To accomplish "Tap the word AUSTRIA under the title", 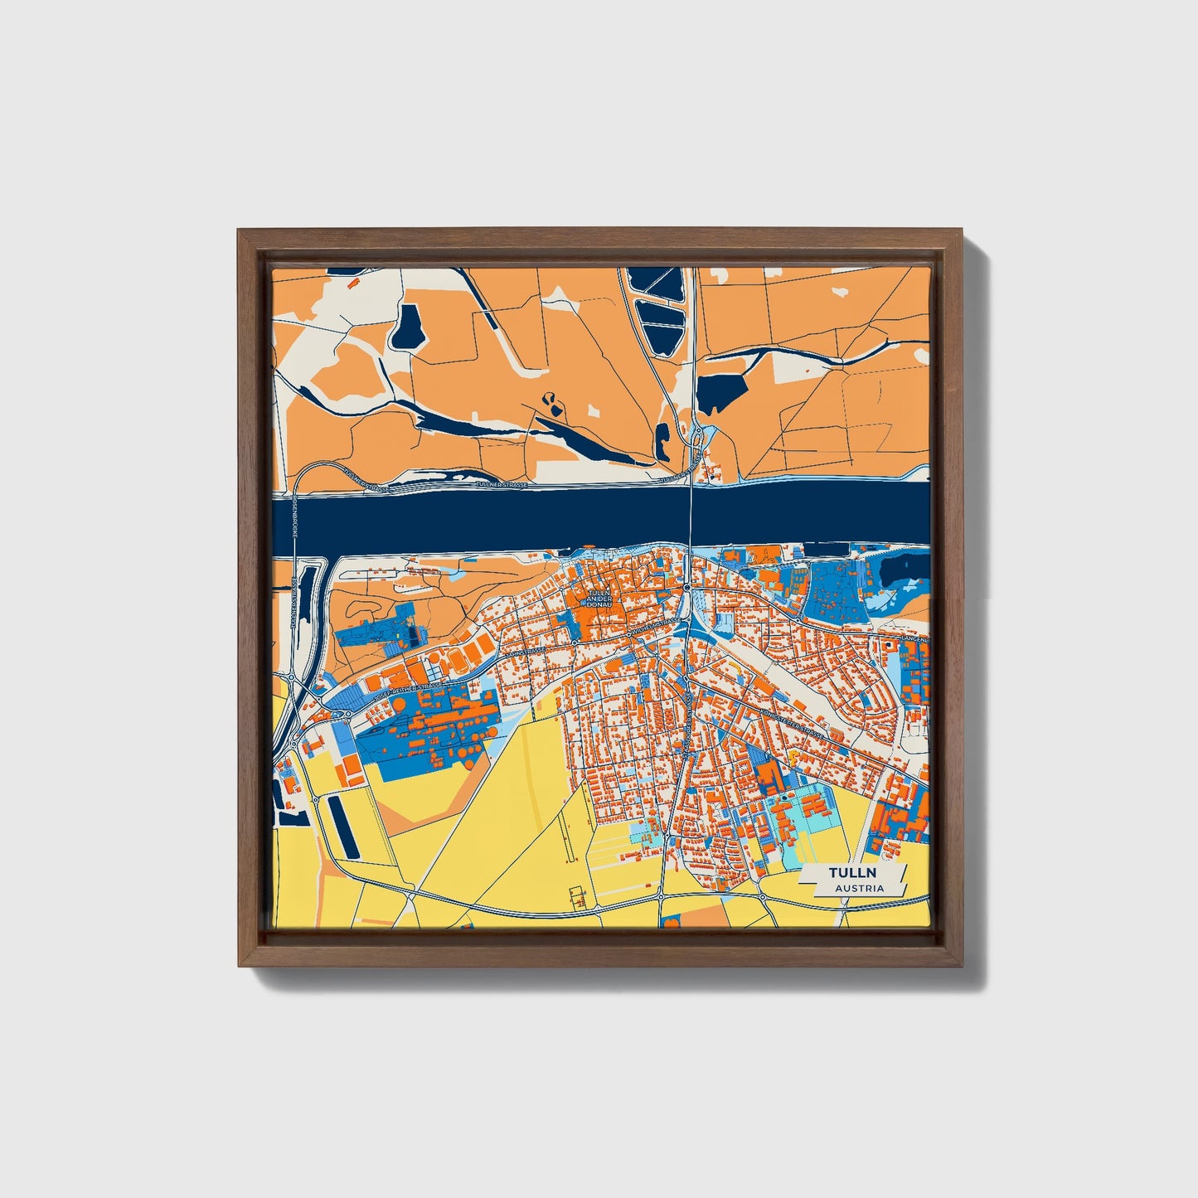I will click(859, 888).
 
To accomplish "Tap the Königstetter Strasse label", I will click(792, 720).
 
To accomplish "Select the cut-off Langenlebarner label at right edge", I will click(914, 640).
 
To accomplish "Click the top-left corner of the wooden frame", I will click(239, 230).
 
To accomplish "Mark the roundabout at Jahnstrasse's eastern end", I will click(574, 643).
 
